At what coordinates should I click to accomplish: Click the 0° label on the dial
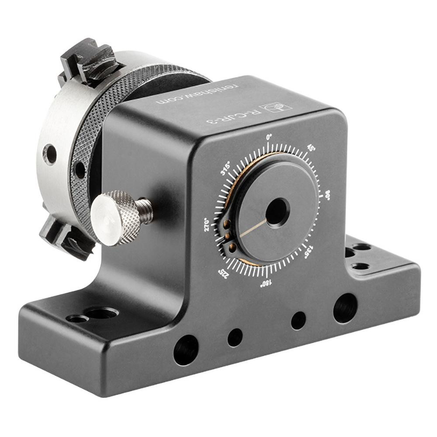(x=269, y=137)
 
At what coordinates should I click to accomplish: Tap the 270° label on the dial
(x=209, y=224)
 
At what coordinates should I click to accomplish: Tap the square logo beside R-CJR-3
(x=271, y=107)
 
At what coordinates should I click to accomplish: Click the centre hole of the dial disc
(x=277, y=212)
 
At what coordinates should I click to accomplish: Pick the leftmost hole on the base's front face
(x=185, y=350)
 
